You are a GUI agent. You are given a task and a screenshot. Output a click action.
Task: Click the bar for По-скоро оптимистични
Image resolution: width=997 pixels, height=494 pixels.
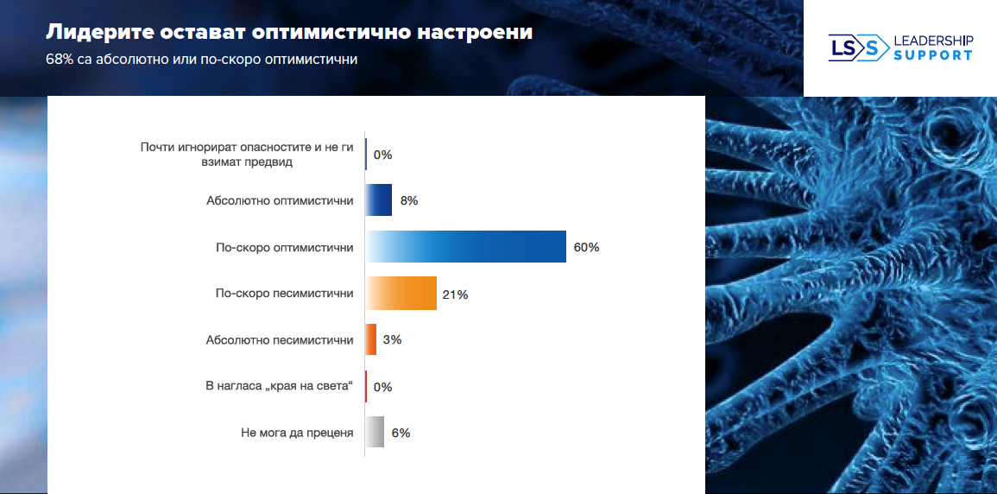click(466, 247)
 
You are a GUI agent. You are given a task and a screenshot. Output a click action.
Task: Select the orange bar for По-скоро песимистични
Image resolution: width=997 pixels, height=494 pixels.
click(401, 294)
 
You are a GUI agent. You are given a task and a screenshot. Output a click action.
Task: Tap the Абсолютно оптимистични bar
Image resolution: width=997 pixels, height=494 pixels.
click(379, 200)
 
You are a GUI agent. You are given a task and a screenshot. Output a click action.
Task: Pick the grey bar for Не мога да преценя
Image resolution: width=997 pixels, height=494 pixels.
click(375, 433)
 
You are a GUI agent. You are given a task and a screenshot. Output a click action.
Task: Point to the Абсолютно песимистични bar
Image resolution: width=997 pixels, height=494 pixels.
click(371, 339)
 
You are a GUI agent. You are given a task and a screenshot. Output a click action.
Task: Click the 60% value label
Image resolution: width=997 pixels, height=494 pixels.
click(586, 248)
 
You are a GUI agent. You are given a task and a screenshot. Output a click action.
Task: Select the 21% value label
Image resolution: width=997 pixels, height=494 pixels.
click(455, 294)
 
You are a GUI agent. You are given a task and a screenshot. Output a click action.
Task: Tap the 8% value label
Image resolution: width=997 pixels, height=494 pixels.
click(409, 201)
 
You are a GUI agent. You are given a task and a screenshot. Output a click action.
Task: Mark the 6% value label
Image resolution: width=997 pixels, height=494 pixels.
click(401, 434)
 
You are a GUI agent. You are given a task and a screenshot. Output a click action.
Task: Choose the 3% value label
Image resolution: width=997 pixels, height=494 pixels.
click(392, 340)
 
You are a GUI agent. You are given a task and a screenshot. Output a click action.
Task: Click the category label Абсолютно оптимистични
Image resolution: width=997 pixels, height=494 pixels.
click(280, 200)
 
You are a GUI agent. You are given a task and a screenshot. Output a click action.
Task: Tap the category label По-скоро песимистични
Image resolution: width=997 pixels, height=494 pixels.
click(284, 294)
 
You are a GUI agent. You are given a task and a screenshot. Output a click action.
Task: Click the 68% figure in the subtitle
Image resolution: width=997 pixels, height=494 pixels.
click(60, 60)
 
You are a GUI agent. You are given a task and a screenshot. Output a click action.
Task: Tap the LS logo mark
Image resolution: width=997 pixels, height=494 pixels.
click(857, 47)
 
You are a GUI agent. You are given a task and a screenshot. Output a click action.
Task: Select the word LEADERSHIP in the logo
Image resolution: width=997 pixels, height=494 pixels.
click(933, 41)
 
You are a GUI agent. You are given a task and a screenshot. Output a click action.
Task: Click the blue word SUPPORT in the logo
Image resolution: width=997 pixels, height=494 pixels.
click(932, 55)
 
